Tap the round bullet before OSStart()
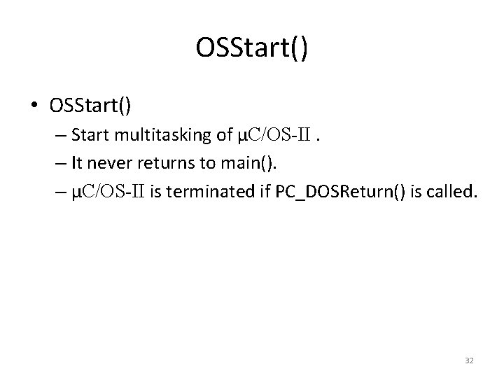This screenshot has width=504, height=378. point(34,106)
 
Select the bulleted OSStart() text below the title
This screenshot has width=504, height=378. point(90,105)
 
